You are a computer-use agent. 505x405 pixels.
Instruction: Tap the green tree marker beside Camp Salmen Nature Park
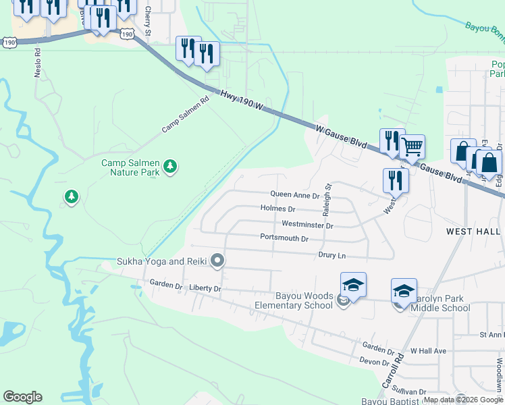tap(171, 166)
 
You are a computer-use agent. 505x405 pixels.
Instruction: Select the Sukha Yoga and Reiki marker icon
tap(217, 261)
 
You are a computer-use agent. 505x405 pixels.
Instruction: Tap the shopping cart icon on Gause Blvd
tap(412, 146)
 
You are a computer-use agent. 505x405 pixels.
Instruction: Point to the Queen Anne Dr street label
tap(294, 194)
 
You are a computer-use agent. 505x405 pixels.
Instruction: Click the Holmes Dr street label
tap(277, 209)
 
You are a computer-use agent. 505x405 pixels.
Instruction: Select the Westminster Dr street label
tap(307, 225)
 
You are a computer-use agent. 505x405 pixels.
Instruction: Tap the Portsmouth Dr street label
tap(284, 238)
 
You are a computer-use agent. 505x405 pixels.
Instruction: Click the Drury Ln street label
tap(332, 255)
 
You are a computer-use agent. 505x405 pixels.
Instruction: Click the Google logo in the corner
tap(22, 397)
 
